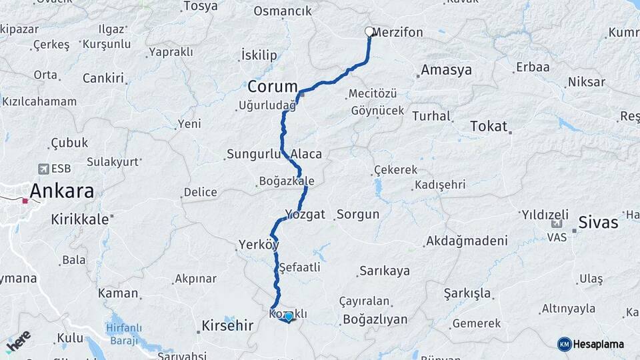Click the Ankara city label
(61, 191)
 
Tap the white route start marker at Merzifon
(369, 31)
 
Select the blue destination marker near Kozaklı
(288, 317)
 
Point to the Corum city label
(272, 87)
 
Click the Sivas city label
(598, 223)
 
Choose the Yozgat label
(305, 214)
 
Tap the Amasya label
(446, 70)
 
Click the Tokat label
(489, 126)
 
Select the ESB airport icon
(45, 169)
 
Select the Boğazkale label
(286, 181)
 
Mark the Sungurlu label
(253, 154)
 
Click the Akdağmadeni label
(466, 240)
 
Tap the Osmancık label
(283, 11)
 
